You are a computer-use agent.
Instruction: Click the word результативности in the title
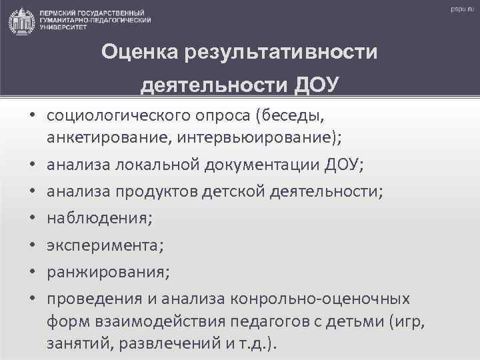(x=282, y=51)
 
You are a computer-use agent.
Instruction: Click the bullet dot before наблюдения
(x=31, y=217)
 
